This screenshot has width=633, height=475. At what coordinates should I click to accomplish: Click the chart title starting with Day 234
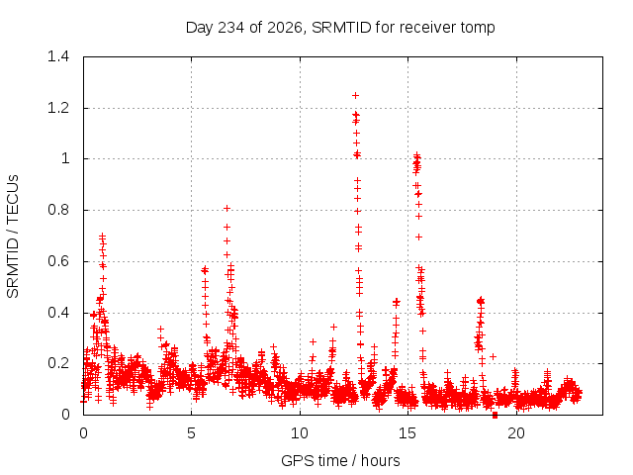(x=340, y=28)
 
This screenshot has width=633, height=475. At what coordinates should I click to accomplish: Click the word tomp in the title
(x=477, y=29)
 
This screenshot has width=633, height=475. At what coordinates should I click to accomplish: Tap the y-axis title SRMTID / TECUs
(x=13, y=237)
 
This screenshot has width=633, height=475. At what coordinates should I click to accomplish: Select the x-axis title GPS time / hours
(x=340, y=460)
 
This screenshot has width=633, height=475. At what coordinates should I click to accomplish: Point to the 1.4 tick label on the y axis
(x=58, y=56)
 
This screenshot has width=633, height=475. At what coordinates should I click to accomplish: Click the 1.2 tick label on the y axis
(x=58, y=108)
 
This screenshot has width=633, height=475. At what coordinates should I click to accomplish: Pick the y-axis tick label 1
(x=65, y=158)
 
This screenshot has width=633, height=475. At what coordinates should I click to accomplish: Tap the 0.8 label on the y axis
(x=58, y=210)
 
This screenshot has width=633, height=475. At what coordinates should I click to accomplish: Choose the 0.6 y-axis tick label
(x=58, y=261)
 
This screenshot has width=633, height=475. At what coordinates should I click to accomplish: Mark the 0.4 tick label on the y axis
(x=58, y=313)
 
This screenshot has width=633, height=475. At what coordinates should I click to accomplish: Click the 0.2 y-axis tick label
(x=58, y=363)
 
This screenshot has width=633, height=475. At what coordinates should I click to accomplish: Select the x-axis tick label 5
(x=191, y=433)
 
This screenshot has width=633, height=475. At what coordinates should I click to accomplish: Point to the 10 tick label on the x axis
(x=300, y=433)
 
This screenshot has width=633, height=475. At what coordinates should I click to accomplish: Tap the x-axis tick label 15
(x=407, y=433)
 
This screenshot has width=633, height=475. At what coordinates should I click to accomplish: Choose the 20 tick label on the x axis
(x=516, y=433)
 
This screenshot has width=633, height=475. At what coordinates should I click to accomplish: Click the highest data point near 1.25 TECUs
(x=356, y=96)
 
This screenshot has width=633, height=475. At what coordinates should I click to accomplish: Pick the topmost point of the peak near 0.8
(x=226, y=209)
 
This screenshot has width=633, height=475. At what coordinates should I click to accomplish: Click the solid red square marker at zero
(x=495, y=416)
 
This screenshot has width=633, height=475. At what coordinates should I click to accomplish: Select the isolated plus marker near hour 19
(x=493, y=356)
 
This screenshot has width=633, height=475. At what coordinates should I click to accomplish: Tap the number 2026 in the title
(x=285, y=28)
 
